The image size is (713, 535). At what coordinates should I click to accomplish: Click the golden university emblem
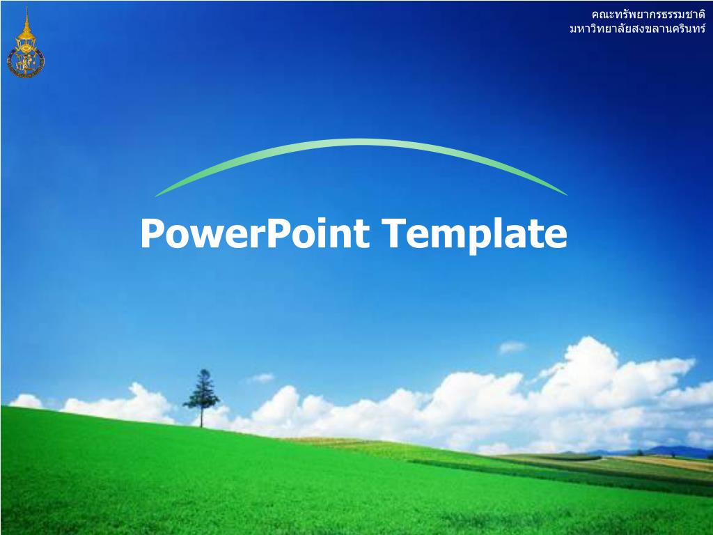point(26,52)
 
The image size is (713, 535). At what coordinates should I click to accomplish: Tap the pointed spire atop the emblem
point(26,15)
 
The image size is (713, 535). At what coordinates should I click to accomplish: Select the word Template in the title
point(474,233)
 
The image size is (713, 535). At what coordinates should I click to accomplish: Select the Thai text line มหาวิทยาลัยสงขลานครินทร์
point(636,30)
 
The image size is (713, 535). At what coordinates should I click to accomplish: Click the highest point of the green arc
point(362,142)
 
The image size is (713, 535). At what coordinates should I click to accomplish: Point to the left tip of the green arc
point(157,195)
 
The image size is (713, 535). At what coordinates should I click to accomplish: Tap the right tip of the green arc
point(565,194)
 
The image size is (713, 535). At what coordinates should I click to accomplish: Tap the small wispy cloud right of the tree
point(260,378)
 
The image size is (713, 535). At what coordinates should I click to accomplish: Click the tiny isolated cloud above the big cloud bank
point(512,347)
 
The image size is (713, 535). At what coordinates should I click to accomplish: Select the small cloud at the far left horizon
point(26,401)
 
